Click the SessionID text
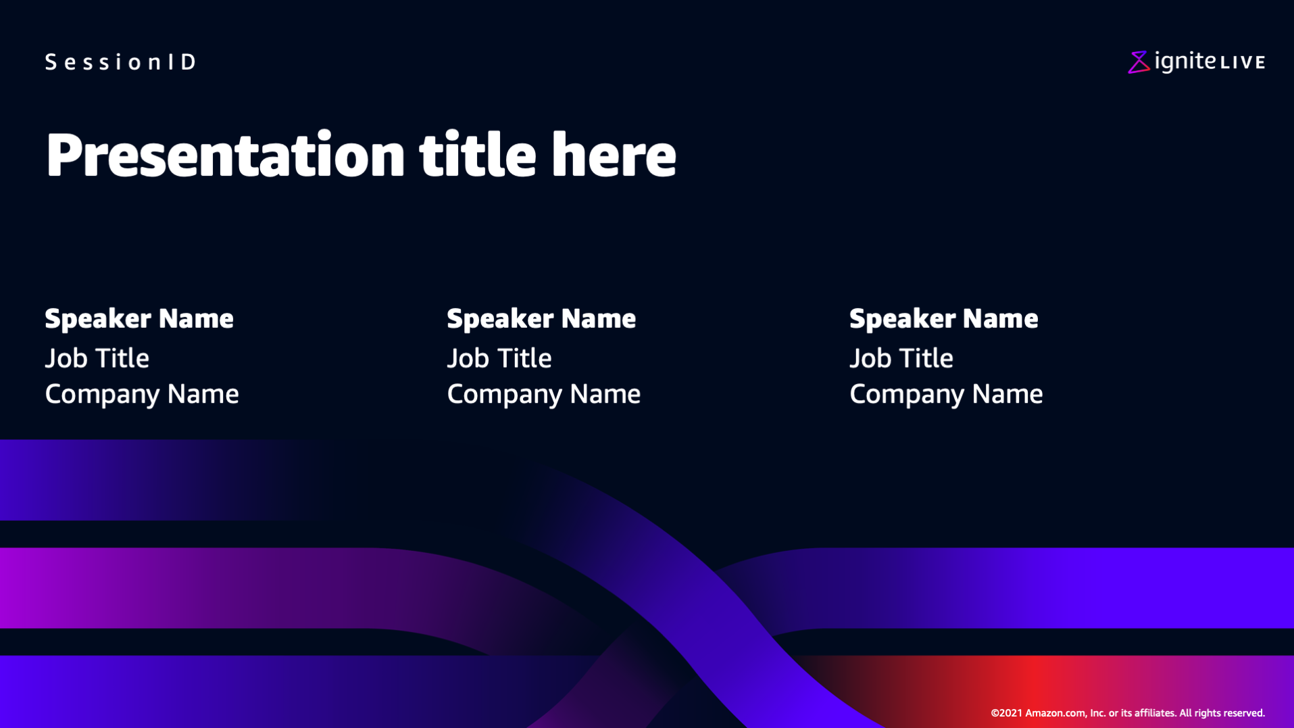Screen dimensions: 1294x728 pyautogui.click(x=120, y=62)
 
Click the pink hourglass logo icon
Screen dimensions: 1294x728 pyautogui.click(x=1139, y=62)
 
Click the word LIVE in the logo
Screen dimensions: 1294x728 pyautogui.click(x=1243, y=63)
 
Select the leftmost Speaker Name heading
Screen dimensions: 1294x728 pyautogui.click(x=139, y=318)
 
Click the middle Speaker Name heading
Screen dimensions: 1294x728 pyautogui.click(x=541, y=318)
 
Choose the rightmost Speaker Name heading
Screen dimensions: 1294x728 pyautogui.click(x=943, y=318)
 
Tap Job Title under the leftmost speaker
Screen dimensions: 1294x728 pyautogui.click(x=97, y=358)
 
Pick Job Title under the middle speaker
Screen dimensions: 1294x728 pyautogui.click(x=499, y=358)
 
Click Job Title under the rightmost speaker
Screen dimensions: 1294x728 pyautogui.click(x=901, y=358)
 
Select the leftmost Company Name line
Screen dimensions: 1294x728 pyautogui.click(x=142, y=395)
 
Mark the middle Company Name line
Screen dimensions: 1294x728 pyautogui.click(x=544, y=395)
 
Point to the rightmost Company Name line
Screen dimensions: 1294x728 pyautogui.click(x=946, y=395)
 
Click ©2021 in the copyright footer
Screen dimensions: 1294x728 pyautogui.click(x=1006, y=713)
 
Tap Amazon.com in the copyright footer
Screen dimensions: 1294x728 pyautogui.click(x=1056, y=713)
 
